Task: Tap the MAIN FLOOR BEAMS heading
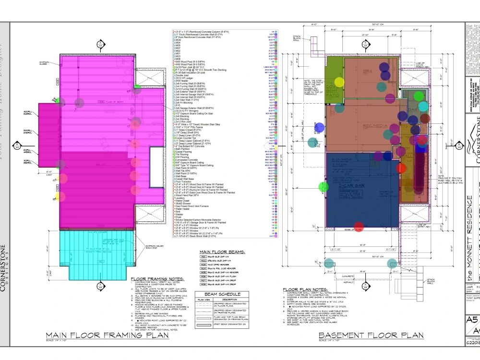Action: [222, 251]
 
